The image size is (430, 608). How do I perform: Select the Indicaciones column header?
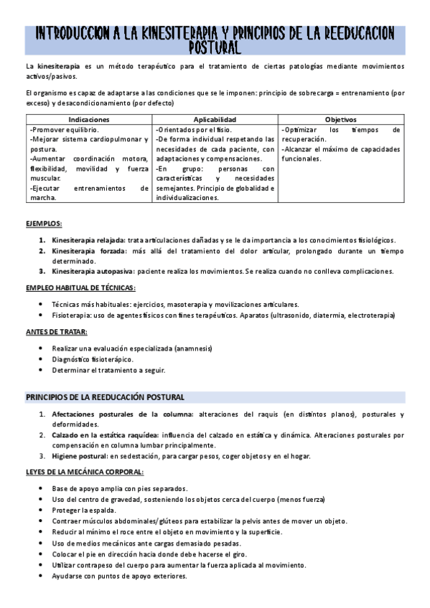tap(89, 119)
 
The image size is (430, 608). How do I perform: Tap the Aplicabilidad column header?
tap(215, 119)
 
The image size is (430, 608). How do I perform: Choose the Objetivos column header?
tap(340, 119)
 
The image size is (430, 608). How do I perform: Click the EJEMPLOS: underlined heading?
tap(44, 224)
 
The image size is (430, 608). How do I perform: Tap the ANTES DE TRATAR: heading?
tap(57, 331)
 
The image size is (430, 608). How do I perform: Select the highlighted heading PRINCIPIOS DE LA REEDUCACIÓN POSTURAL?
tap(106, 396)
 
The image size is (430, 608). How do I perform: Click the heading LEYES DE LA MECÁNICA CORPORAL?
tap(85, 472)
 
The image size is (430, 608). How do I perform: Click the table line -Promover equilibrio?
tap(60, 130)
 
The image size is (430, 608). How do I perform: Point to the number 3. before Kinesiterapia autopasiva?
tap(42, 271)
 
